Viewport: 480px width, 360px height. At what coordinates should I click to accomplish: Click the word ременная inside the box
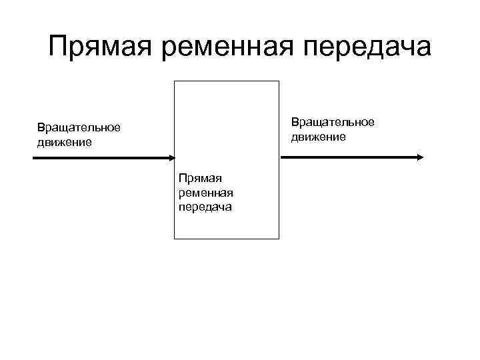[x=205, y=193]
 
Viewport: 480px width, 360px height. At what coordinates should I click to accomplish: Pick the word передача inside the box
[x=205, y=207]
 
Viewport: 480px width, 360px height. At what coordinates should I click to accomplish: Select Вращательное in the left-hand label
[x=79, y=127]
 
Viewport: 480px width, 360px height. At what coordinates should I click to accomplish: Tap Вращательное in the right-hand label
[x=332, y=122]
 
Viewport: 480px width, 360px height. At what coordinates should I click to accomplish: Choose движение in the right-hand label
[x=318, y=137]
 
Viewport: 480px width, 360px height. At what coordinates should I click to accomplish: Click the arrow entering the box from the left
[x=100, y=158]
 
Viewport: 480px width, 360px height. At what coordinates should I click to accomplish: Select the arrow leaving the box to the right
[x=350, y=157]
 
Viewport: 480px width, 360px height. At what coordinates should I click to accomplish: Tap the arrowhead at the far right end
[x=420, y=157]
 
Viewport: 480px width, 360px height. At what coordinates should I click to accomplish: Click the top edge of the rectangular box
[x=227, y=81]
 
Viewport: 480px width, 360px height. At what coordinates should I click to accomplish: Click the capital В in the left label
[x=41, y=127]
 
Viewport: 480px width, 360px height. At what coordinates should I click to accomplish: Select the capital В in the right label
[x=294, y=122]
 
